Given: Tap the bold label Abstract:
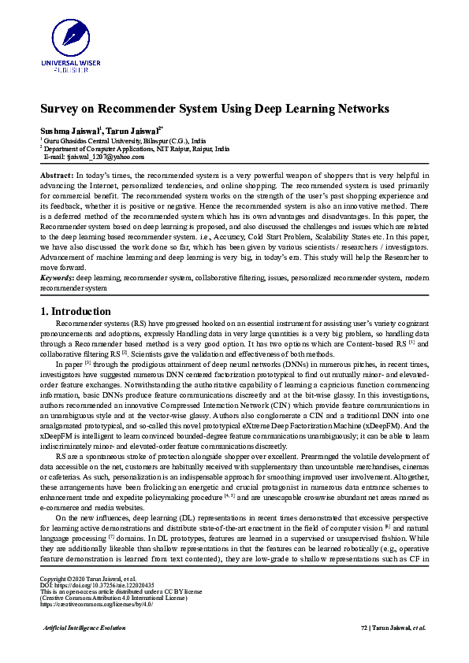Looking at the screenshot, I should (x=57, y=173).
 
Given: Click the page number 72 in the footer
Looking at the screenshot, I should (x=364, y=650).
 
